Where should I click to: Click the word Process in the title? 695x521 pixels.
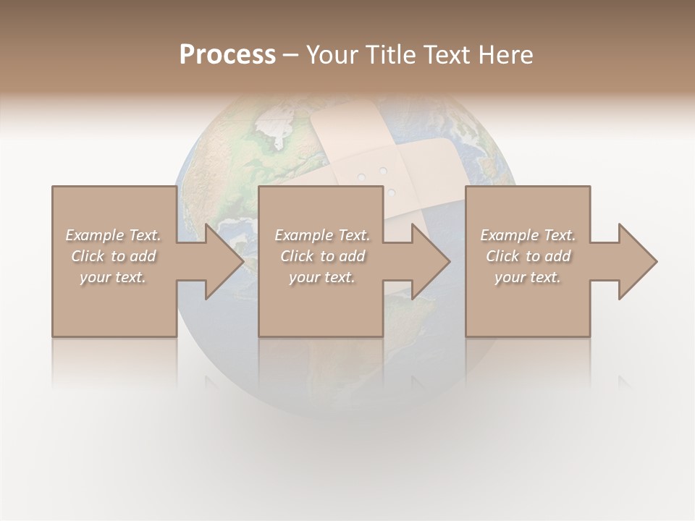click(227, 55)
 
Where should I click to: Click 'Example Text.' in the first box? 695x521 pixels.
click(114, 235)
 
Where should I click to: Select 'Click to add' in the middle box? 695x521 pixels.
click(323, 256)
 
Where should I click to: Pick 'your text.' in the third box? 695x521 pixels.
click(528, 277)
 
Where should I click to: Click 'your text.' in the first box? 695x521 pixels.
click(114, 277)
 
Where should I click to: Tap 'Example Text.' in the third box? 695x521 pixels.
click(528, 235)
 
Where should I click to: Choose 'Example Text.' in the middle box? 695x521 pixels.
click(323, 235)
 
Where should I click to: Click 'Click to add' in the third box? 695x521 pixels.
click(528, 256)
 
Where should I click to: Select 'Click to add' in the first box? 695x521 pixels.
click(114, 256)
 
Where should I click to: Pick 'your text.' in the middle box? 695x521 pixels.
click(323, 277)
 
